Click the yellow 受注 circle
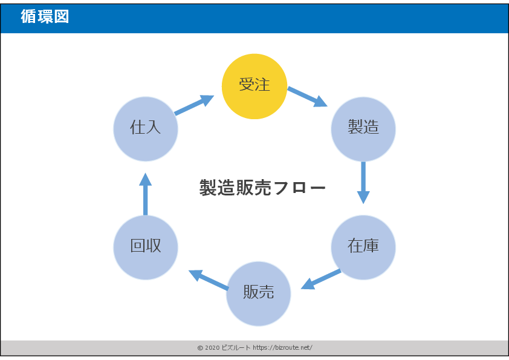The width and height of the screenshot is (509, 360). coord(254,86)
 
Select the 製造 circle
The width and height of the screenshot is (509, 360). coord(363,128)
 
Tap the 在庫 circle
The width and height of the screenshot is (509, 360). coord(363,247)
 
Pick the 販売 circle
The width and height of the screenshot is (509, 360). coord(259,293)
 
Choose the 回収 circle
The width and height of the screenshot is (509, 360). coord(146,247)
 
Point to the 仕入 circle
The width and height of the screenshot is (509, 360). coord(146,128)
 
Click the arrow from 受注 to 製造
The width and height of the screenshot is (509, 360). coord(307,97)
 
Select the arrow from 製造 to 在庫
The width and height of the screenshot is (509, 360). coord(363,182)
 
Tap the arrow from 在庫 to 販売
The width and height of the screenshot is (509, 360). coord(321,279)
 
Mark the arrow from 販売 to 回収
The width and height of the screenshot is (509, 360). coord(209,280)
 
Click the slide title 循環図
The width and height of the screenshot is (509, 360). coord(45,17)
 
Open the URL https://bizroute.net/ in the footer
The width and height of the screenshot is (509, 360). coord(282,348)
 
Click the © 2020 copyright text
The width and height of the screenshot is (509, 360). coord(208,348)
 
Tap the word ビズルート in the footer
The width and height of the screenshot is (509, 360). coord(236,348)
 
